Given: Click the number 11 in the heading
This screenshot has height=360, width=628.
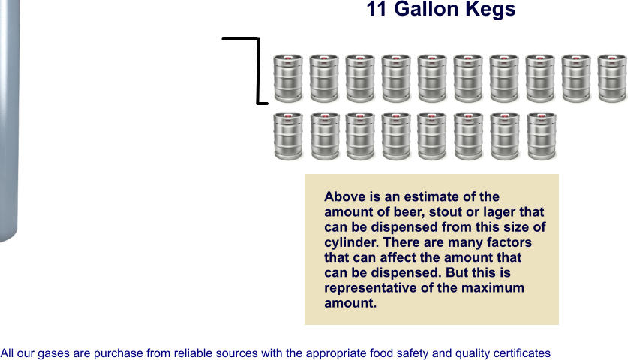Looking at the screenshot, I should point(378,10).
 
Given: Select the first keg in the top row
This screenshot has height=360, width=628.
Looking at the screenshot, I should point(287,78).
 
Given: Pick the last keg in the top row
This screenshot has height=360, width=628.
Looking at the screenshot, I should point(612,78).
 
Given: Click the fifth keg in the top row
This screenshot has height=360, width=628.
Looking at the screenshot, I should point(432,78).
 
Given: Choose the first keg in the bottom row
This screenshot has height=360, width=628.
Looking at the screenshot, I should point(287,136).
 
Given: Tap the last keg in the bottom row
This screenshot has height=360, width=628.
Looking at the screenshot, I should point(540,136).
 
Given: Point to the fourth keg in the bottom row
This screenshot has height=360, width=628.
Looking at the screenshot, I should point(396,136).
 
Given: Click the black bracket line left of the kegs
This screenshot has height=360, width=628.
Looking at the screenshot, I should point(257,71).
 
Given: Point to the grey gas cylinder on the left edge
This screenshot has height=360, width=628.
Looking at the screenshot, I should point(8,120).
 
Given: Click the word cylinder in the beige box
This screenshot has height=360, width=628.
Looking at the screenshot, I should point(351,243).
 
